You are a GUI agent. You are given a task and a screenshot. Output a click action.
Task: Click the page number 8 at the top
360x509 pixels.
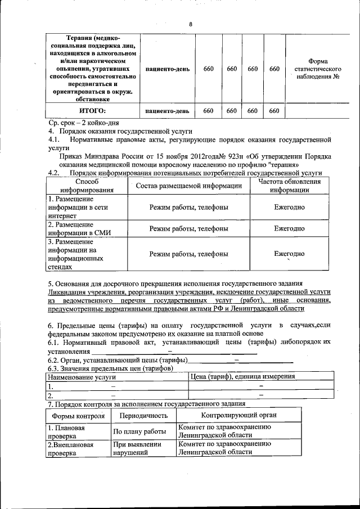click(191, 24)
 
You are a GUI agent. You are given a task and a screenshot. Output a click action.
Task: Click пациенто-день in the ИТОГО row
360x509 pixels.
click(166, 111)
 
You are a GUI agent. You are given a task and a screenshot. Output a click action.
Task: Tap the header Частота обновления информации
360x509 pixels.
click(290, 186)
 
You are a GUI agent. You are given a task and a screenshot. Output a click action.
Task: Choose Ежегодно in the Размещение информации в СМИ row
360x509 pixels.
click(290, 228)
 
